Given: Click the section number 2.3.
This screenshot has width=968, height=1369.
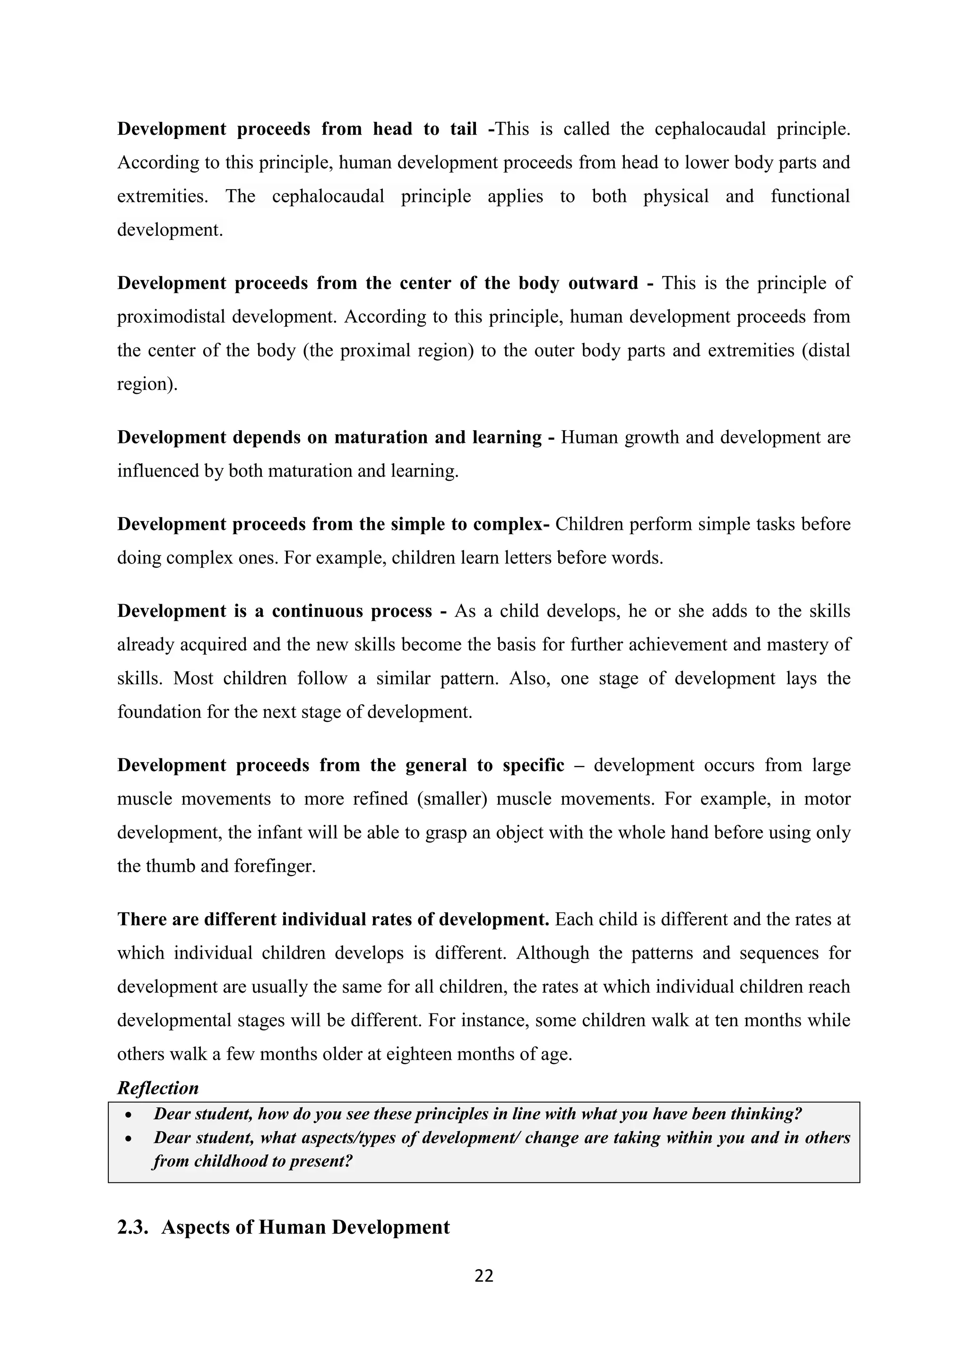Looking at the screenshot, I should click(132, 1227).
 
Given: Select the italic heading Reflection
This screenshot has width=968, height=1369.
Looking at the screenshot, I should click(157, 1088).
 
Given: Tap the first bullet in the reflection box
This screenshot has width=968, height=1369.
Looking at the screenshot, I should click(128, 1114).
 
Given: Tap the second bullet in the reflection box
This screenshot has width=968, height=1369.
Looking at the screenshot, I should click(128, 1138).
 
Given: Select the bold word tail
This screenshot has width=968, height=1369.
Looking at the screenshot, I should click(463, 129).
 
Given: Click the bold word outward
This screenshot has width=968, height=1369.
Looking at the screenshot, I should click(603, 283).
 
